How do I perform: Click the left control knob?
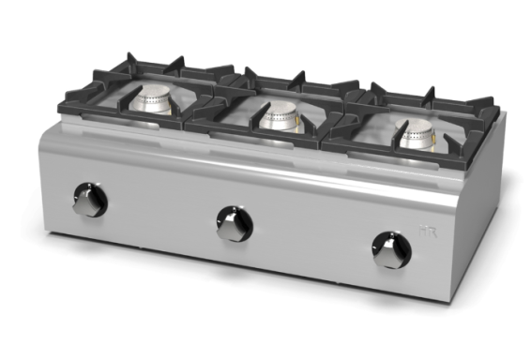90,201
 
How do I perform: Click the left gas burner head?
153,101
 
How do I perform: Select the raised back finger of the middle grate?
298,77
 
